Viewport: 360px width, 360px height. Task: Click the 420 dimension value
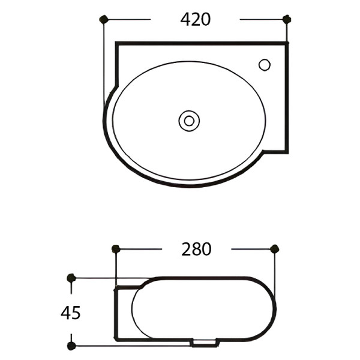pyautogui.click(x=196, y=19)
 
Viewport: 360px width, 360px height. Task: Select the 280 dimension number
pyautogui.click(x=196, y=249)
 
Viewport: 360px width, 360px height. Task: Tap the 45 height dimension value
pyautogui.click(x=71, y=313)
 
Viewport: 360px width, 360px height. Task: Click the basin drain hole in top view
pyautogui.click(x=189, y=121)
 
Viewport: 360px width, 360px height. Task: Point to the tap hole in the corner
pyautogui.click(x=265, y=64)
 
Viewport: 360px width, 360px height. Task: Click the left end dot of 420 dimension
pyautogui.click(x=103, y=19)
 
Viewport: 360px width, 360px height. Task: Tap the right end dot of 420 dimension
pyautogui.click(x=287, y=19)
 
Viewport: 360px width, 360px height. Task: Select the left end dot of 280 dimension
pyautogui.click(x=116, y=248)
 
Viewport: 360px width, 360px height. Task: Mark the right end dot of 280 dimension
pyautogui.click(x=275, y=248)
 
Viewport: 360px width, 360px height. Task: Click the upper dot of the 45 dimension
pyautogui.click(x=71, y=278)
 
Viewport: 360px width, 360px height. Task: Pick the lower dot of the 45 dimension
pyautogui.click(x=71, y=346)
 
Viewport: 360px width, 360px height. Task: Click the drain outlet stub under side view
pyautogui.click(x=205, y=343)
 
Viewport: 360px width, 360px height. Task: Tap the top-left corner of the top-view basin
pyautogui.click(x=117, y=44)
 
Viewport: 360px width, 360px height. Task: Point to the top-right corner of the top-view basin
pyautogui.click(x=287, y=44)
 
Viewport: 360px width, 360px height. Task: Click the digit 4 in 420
pyautogui.click(x=186, y=19)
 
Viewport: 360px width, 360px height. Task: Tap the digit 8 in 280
pyautogui.click(x=196, y=249)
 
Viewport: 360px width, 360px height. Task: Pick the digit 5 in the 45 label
pyautogui.click(x=76, y=313)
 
